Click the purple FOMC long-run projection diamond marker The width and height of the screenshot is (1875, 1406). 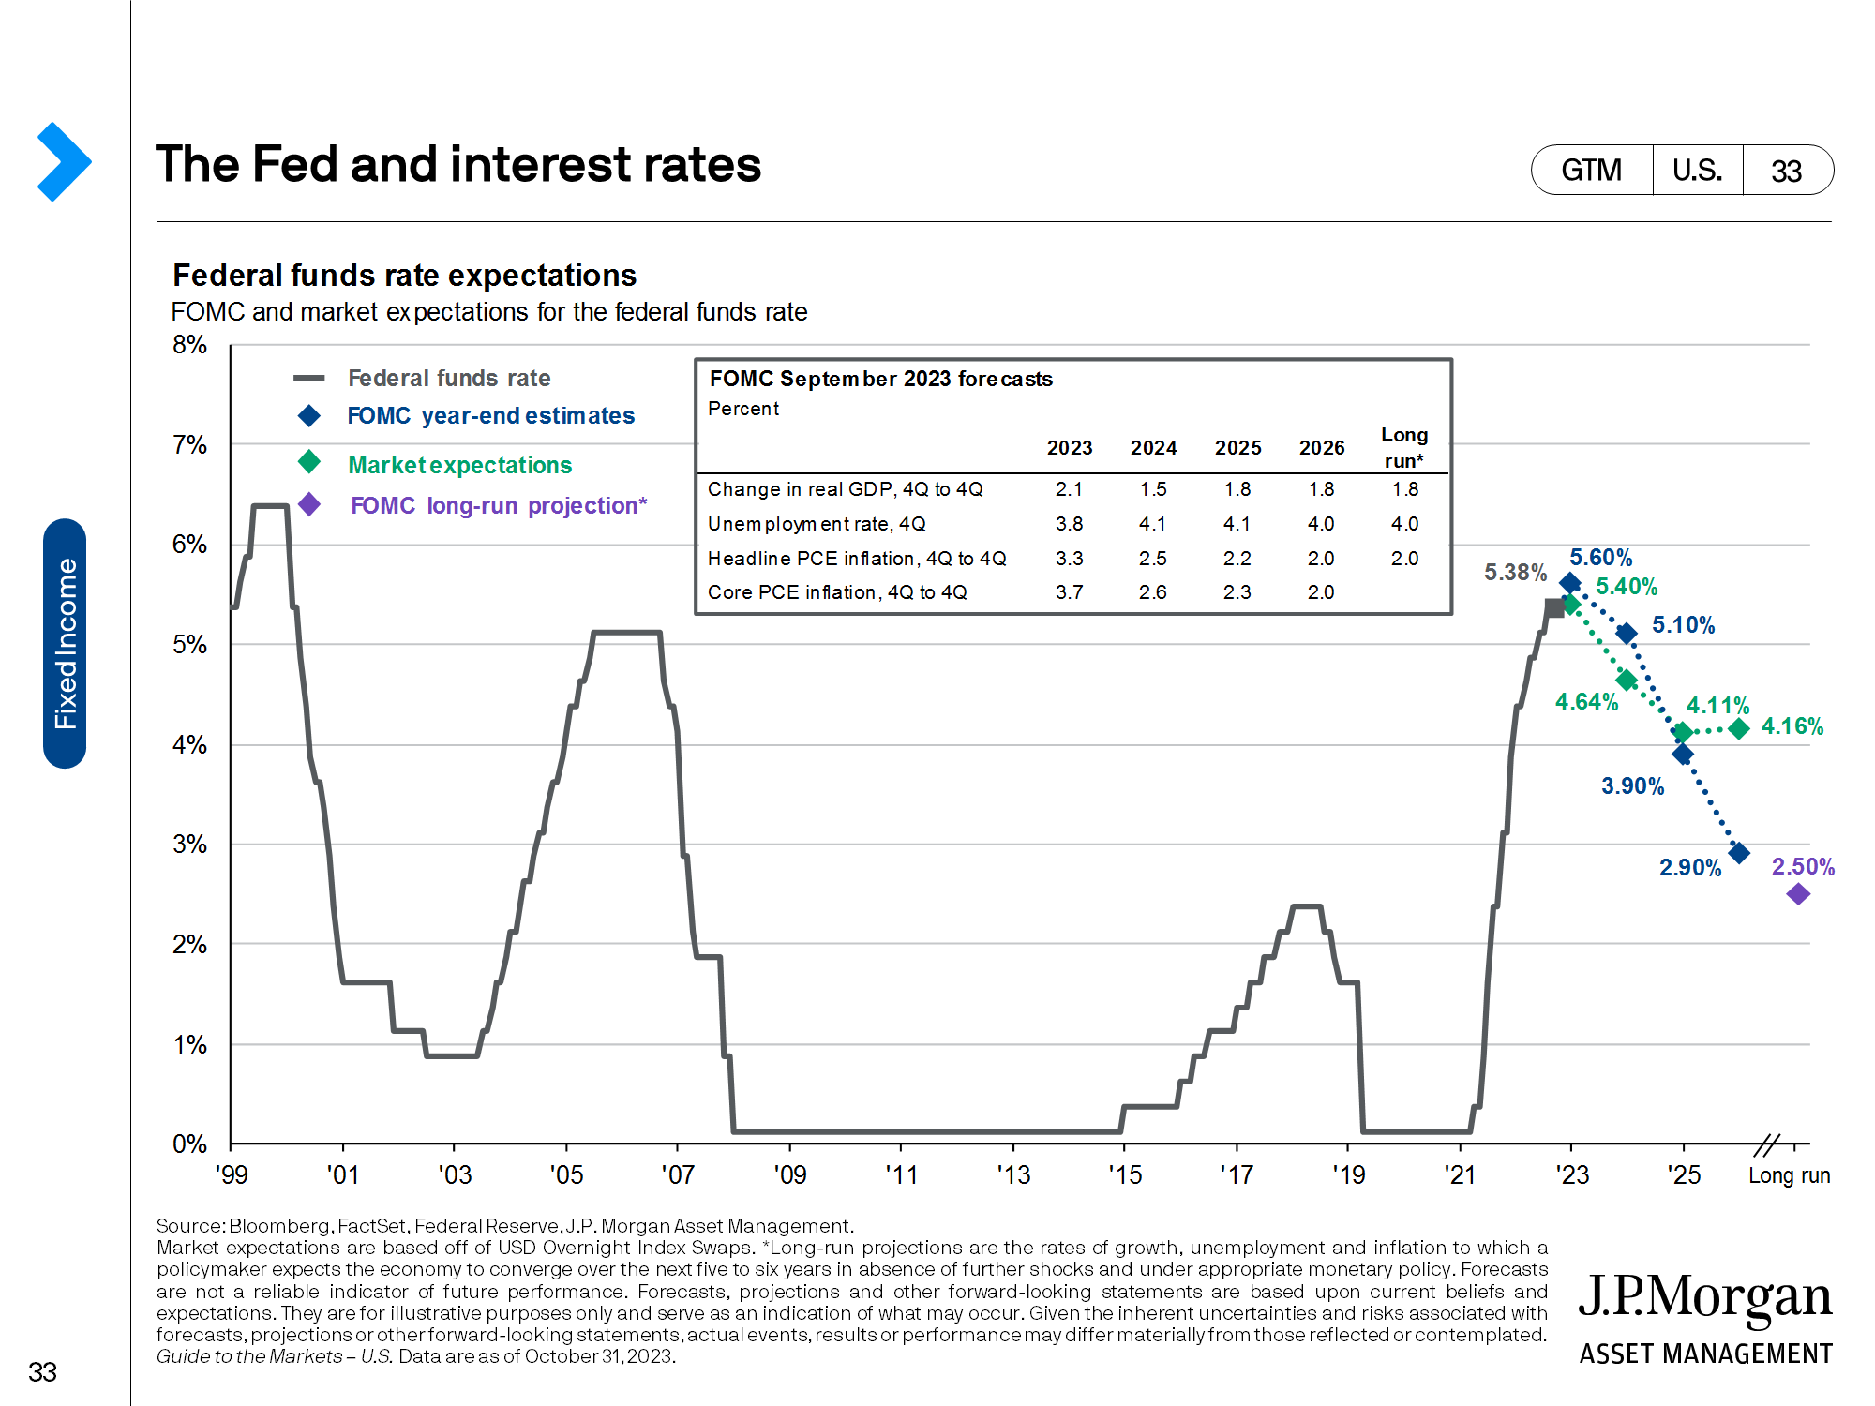pos(1797,894)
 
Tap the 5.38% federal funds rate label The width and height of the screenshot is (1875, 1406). pos(1514,572)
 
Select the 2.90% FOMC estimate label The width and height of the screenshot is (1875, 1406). pos(1689,867)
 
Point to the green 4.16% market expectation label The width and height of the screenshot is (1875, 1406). pos(1792,725)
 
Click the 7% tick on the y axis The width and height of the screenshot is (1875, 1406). pos(189,444)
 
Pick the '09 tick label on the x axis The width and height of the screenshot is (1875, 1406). pos(789,1174)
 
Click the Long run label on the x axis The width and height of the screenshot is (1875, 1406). pos(1788,1174)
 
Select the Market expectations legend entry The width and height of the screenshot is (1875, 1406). pos(459,465)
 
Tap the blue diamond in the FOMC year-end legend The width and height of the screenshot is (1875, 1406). pos(308,415)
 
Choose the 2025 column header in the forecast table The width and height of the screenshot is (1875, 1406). pos(1237,448)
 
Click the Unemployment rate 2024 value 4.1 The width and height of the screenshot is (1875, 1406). pos(1152,524)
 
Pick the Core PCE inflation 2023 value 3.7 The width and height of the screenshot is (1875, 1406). pos(1069,592)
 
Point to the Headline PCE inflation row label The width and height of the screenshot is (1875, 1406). pos(856,559)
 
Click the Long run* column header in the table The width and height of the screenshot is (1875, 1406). pos(1403,447)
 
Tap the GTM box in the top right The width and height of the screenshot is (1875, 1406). pos(1591,171)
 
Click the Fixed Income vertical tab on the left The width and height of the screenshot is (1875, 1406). pos(65,643)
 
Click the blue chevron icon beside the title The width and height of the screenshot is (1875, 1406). pos(64,161)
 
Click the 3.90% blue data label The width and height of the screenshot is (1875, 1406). pos(1632,785)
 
